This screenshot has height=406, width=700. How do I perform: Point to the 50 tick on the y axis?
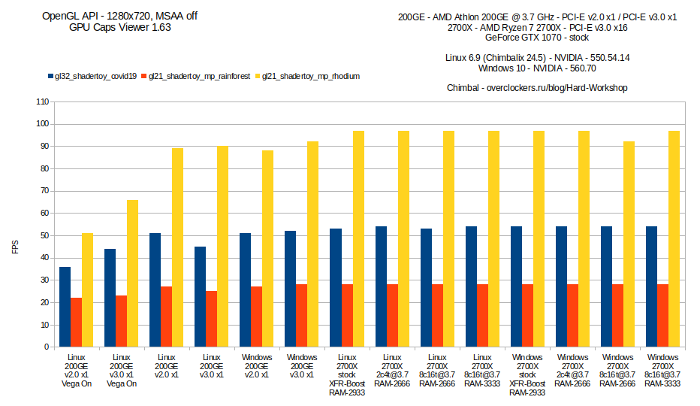[x=44, y=235]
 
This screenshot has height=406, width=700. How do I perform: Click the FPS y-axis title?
[x=14, y=247]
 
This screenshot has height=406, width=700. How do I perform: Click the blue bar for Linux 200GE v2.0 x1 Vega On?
[x=65, y=307]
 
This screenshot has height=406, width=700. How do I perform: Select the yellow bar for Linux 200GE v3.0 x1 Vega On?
[x=132, y=274]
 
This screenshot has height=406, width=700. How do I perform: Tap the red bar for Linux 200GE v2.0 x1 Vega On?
[x=76, y=323]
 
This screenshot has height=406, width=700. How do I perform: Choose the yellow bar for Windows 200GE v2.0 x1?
[x=268, y=249]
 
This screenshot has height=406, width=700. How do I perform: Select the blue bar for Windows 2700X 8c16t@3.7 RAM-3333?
[x=651, y=286]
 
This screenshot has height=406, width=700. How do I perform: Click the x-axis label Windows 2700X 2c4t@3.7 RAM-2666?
[x=572, y=370]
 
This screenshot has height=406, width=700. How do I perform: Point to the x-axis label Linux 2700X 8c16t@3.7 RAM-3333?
[x=482, y=370]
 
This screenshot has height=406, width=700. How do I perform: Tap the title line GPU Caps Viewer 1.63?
[x=120, y=27]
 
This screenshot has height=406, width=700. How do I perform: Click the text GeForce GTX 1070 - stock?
[x=537, y=37]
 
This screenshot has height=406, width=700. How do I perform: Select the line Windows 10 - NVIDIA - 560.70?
[x=537, y=68]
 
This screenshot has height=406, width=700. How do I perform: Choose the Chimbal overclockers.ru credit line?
[x=537, y=88]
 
